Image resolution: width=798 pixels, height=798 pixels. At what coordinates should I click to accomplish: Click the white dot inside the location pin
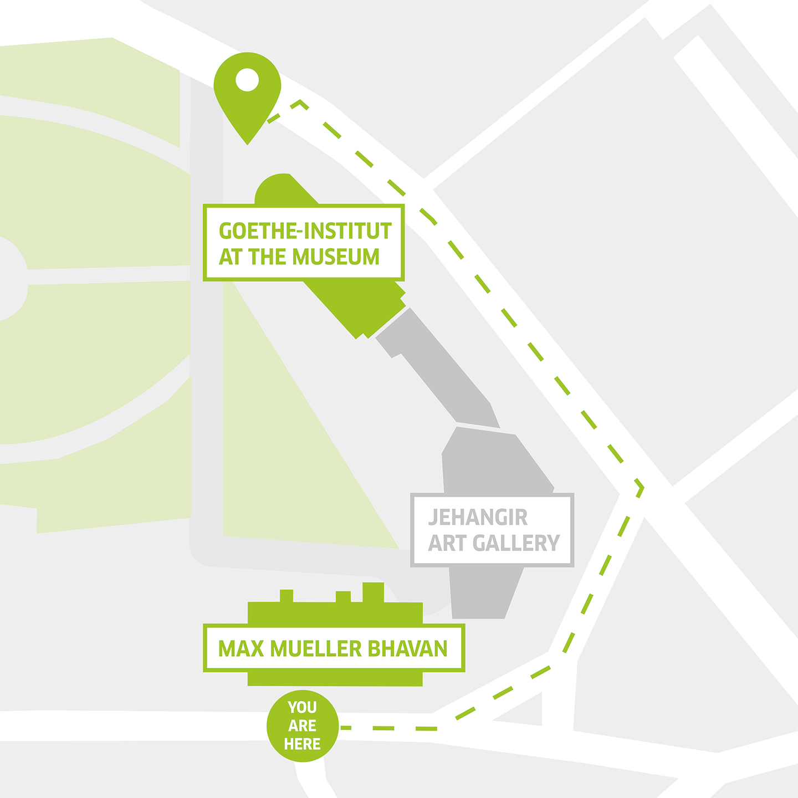pos(247,80)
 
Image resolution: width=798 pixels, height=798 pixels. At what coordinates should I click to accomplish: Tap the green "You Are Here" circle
pos(303,725)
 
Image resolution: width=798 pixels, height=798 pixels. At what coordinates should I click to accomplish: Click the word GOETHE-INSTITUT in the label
pos(305,231)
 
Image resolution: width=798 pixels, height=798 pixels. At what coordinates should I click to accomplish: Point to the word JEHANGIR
pos(478,518)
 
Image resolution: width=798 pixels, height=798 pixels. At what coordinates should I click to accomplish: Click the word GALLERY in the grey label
pos(516,543)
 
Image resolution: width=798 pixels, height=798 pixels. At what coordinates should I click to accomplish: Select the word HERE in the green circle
pos(303,744)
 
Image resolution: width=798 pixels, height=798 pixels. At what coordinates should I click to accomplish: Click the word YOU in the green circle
pos(303,707)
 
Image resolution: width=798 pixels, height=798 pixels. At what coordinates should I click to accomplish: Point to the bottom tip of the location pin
pos(248,143)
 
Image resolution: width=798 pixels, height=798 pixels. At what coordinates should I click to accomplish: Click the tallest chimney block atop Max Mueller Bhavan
pos(373,592)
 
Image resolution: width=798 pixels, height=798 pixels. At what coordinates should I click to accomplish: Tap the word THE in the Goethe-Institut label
pos(267,257)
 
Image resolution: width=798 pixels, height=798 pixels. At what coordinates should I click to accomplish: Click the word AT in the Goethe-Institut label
pos(230,257)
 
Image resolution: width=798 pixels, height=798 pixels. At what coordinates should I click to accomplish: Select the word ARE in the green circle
pos(303,725)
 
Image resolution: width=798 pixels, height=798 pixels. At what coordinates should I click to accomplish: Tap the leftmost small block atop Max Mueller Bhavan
pos(287,596)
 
